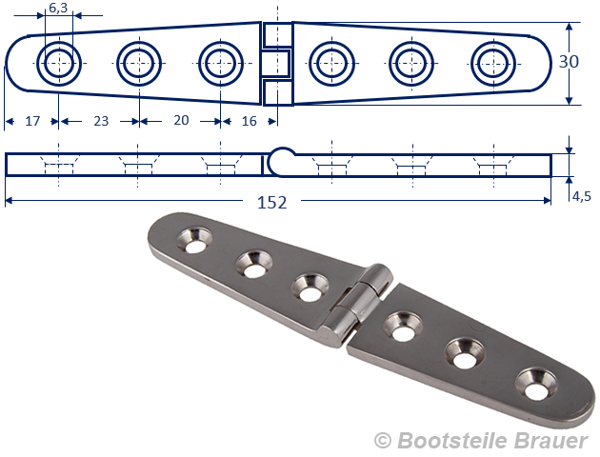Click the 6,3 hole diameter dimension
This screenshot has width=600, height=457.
click(58, 8)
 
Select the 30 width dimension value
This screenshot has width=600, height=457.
click(569, 62)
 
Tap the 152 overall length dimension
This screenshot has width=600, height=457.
click(271, 202)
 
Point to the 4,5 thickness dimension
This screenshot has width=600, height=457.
click(582, 196)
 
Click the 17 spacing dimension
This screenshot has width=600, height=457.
click(32, 121)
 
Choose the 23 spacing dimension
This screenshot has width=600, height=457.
click(101, 121)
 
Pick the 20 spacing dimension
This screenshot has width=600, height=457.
click(181, 120)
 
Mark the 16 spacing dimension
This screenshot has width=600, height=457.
click(250, 121)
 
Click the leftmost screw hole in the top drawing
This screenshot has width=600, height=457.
click(59, 64)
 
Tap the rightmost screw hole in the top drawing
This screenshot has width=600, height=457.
click(493, 64)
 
